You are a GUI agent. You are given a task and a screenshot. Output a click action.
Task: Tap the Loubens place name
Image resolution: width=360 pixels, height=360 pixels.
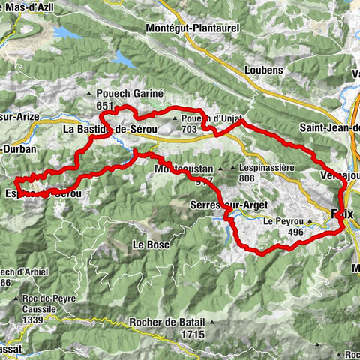[x=262, y=70]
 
